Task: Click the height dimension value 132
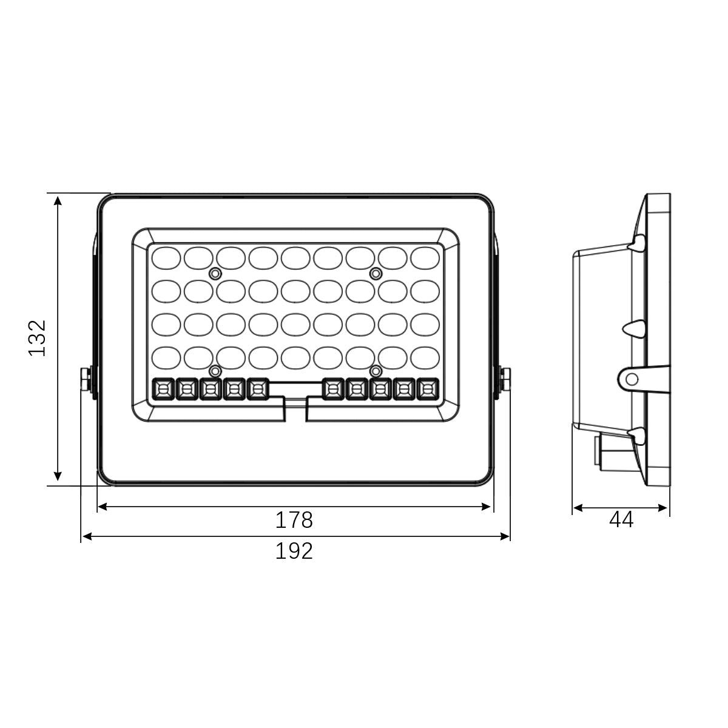click(38, 338)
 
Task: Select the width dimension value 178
click(294, 520)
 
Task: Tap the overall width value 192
click(294, 551)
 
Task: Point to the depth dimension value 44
click(621, 520)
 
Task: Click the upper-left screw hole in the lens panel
click(214, 274)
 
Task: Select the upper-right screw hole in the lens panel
click(376, 274)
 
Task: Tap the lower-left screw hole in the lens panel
click(214, 370)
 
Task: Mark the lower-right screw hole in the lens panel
click(376, 370)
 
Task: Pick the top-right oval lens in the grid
click(425, 258)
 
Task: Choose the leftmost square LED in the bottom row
click(163, 389)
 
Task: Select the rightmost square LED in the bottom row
click(427, 389)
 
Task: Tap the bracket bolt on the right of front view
click(505, 379)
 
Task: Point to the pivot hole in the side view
click(632, 380)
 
